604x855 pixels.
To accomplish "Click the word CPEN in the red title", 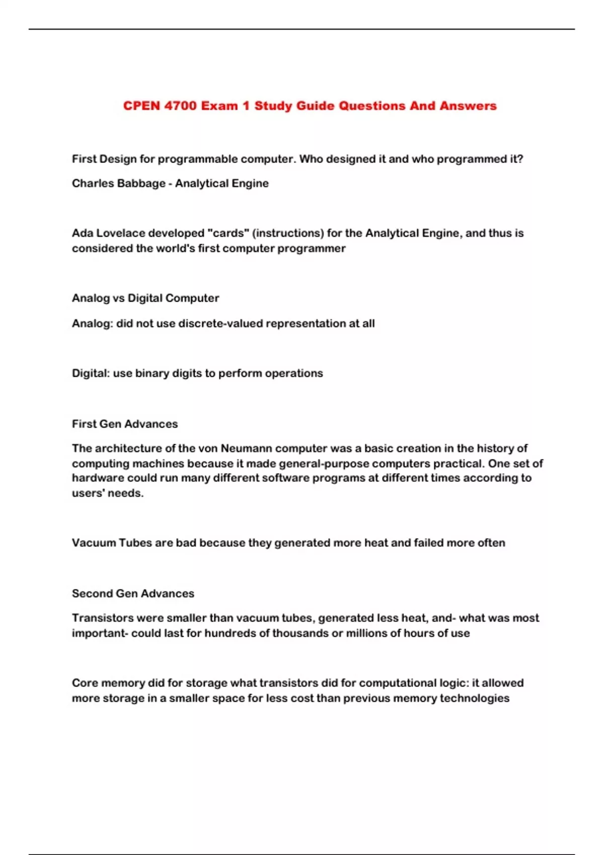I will click(x=141, y=106).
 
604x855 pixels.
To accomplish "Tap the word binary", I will click(x=152, y=373).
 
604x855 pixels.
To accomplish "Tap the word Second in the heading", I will click(x=92, y=593).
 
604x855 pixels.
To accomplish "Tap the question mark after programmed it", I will click(x=520, y=159).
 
